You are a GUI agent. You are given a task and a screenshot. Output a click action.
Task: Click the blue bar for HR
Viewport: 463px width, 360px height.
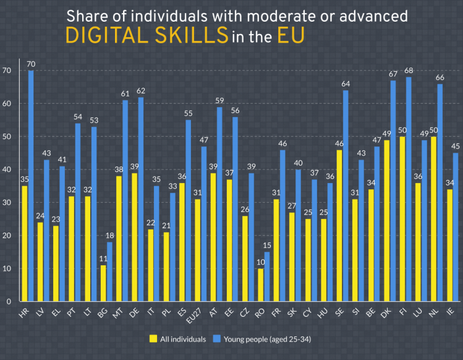tap(31, 186)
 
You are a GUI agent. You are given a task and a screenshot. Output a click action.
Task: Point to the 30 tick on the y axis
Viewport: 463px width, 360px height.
tap(7, 202)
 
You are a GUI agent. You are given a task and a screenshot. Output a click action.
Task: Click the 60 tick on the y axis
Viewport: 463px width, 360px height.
tap(7, 103)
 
